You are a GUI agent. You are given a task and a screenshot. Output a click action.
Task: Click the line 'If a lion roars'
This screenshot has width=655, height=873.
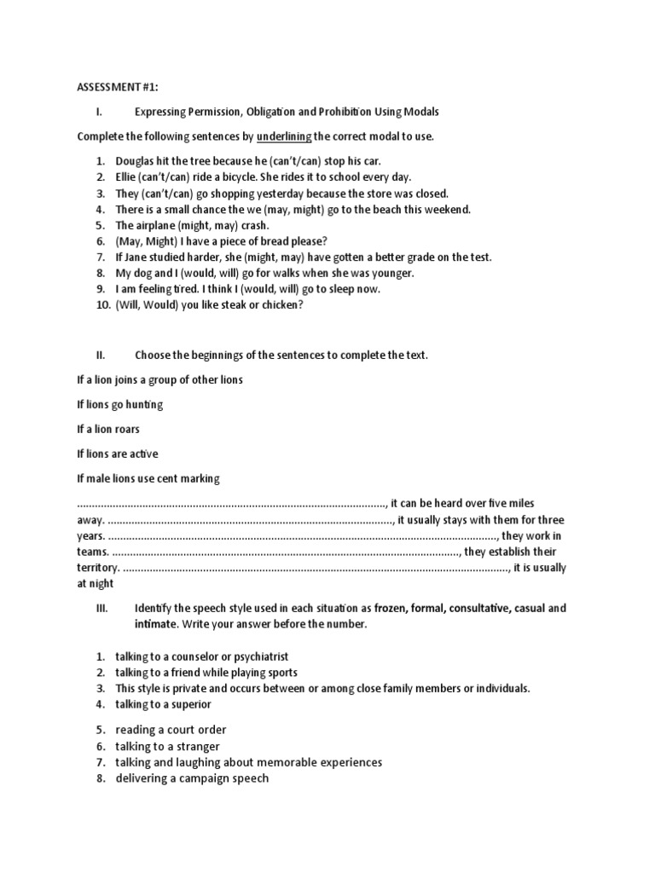pos(108,429)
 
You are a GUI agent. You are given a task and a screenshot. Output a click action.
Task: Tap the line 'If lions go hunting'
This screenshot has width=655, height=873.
pos(119,404)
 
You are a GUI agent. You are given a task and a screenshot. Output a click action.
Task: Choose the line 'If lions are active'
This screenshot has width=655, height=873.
pos(118,454)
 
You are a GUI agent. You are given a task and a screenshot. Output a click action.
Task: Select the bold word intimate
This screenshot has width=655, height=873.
pos(155,624)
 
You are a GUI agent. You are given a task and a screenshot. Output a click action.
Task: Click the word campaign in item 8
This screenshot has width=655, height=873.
pos(197,778)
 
